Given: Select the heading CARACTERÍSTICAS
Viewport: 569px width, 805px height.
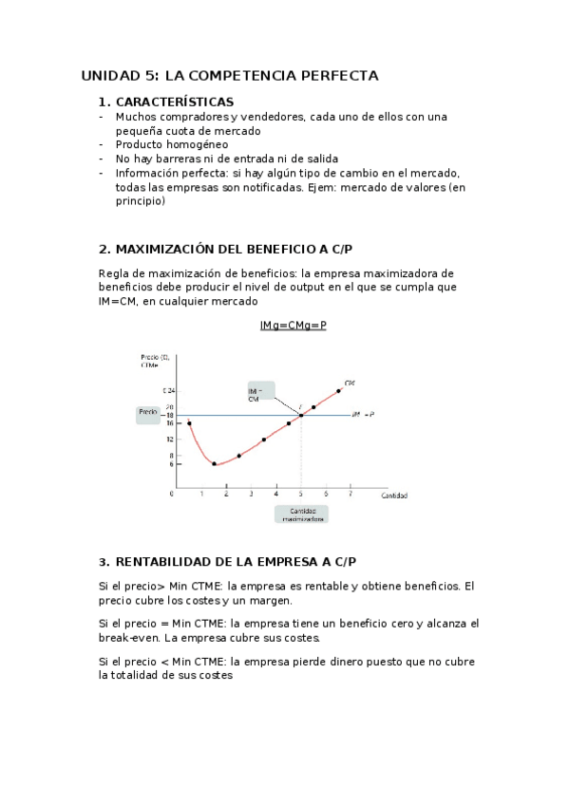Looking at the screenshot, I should pos(174,102).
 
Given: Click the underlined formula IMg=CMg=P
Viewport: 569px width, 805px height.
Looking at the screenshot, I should pos(293,326).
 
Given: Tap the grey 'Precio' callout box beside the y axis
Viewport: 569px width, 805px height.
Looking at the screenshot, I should pos(147,413).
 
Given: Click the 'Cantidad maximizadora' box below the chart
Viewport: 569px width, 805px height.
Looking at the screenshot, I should pos(302,514).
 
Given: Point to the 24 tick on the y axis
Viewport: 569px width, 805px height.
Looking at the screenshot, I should pos(169,390).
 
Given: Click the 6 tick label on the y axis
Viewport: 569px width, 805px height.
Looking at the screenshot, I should pos(170,463).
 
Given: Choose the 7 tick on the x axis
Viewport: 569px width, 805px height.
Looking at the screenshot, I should pos(351,495).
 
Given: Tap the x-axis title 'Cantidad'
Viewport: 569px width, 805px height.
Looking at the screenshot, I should pos(395,496).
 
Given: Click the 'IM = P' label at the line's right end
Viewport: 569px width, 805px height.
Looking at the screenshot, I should pos(362,414).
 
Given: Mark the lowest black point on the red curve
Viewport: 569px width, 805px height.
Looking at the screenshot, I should pos(214,464).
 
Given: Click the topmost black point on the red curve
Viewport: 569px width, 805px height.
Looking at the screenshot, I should pos(338,390).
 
